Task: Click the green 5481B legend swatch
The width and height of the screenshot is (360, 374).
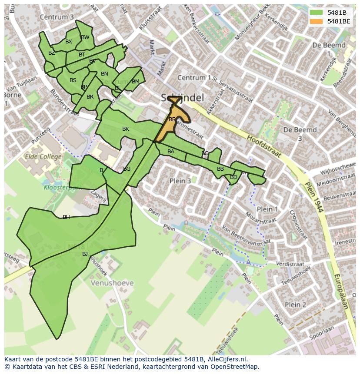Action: pyautogui.click(x=316, y=13)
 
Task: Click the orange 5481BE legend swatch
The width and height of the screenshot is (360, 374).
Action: pyautogui.click(x=316, y=21)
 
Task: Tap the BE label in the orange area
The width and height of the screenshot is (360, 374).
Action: pyautogui.click(x=172, y=119)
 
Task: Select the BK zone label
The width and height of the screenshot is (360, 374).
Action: pyautogui.click(x=126, y=129)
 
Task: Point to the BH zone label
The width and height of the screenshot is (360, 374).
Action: pyautogui.click(x=66, y=217)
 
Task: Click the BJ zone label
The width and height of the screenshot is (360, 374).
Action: pyautogui.click(x=85, y=254)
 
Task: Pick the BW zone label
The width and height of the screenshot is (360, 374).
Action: pyautogui.click(x=85, y=37)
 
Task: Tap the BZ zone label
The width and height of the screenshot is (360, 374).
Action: pyautogui.click(x=52, y=53)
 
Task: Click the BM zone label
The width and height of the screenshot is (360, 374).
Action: pyautogui.click(x=136, y=82)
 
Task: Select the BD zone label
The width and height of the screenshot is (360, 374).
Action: pyautogui.click(x=233, y=177)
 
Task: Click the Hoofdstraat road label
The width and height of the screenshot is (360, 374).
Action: pyautogui.click(x=264, y=146)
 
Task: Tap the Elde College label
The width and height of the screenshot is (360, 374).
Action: pyautogui.click(x=43, y=156)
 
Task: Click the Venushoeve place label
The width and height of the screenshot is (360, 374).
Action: pyautogui.click(x=112, y=283)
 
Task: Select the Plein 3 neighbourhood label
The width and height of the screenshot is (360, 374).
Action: pyautogui.click(x=180, y=181)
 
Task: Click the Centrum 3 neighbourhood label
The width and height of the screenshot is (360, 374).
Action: pyautogui.click(x=57, y=17)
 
